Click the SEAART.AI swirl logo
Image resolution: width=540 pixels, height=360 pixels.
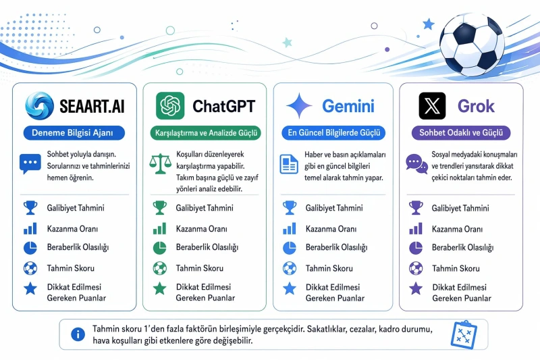(x=40, y=105)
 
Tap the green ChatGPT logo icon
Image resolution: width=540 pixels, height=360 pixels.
(x=170, y=105)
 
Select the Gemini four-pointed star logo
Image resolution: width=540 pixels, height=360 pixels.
(x=299, y=106)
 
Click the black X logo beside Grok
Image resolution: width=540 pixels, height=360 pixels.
(x=432, y=106)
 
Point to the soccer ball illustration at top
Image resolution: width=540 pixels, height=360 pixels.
(x=472, y=44)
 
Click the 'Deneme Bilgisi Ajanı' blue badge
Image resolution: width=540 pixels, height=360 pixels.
(x=74, y=133)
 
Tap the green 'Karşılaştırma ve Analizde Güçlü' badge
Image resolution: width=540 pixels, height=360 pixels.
(x=206, y=133)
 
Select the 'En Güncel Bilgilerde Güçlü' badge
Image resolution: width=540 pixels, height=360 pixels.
(x=333, y=133)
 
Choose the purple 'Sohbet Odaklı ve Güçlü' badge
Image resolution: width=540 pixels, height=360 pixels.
(x=461, y=133)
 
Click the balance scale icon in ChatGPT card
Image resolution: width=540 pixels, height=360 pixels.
(x=160, y=163)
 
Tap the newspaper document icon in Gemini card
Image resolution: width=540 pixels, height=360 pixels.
(x=289, y=164)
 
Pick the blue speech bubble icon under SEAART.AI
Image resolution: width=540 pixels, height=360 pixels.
(x=30, y=163)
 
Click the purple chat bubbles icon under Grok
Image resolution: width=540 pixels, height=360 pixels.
(x=416, y=163)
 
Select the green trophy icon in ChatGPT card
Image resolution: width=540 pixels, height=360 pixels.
(x=160, y=208)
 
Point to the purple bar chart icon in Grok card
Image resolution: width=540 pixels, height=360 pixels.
(x=416, y=229)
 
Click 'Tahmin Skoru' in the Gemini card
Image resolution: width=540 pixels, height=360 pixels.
(x=329, y=268)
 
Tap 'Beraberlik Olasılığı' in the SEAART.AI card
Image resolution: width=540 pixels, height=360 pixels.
(x=78, y=247)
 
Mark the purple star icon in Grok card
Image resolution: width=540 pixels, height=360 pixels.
(x=416, y=288)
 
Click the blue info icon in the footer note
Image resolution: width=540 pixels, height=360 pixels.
(x=78, y=334)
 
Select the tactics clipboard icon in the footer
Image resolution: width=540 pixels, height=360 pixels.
(x=464, y=335)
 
